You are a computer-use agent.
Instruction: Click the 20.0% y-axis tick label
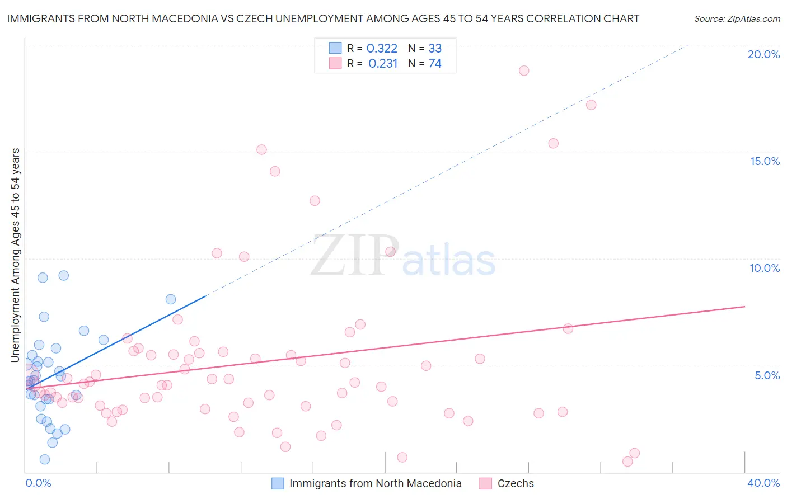[763, 54]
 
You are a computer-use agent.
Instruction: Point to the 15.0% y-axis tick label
[765, 161]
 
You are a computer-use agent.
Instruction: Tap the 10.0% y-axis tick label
[765, 268]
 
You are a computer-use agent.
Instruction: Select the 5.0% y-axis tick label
[767, 375]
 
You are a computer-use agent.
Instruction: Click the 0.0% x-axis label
[38, 483]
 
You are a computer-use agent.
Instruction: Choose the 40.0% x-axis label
[763, 483]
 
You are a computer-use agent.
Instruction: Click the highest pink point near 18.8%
[524, 70]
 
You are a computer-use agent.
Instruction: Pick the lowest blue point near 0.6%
[45, 459]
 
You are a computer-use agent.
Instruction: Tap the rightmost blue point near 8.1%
[171, 299]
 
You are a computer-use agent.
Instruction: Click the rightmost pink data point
[634, 453]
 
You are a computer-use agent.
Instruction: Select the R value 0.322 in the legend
[382, 49]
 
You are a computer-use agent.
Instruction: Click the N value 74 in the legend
[435, 64]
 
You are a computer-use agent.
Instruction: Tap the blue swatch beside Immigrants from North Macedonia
[278, 483]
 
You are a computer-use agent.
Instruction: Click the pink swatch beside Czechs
[485, 483]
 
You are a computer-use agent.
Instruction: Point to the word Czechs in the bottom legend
[516, 483]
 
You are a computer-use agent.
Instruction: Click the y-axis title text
[16, 255]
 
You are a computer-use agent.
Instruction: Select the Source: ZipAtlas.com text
[737, 19]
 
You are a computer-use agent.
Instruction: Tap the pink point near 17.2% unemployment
[591, 105]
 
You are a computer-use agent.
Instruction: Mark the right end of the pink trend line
[744, 307]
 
